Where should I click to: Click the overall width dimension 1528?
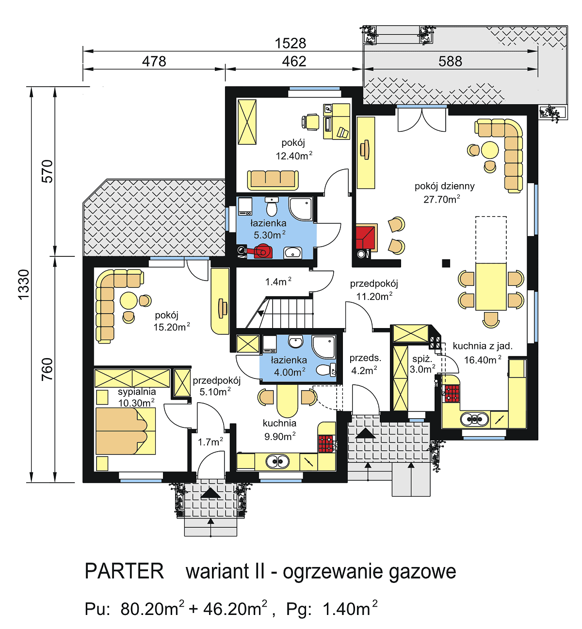pos(290,43)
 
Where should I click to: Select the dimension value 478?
pos(154,62)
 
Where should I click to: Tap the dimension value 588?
pos(450,62)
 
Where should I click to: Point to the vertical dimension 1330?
pos(23,284)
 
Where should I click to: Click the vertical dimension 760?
pos(47,369)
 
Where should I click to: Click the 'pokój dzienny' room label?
pos(444,186)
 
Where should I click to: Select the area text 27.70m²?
pos(441,199)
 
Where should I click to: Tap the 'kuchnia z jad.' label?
pos(482,346)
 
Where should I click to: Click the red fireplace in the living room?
pos(366,237)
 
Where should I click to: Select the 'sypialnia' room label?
pos(137,392)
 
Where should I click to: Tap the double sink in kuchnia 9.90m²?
pos(278,462)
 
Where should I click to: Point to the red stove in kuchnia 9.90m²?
pos(326,444)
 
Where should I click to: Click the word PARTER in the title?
pos(124,571)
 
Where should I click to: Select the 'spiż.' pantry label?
pos(422,359)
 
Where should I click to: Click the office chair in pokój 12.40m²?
pos(311,122)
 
